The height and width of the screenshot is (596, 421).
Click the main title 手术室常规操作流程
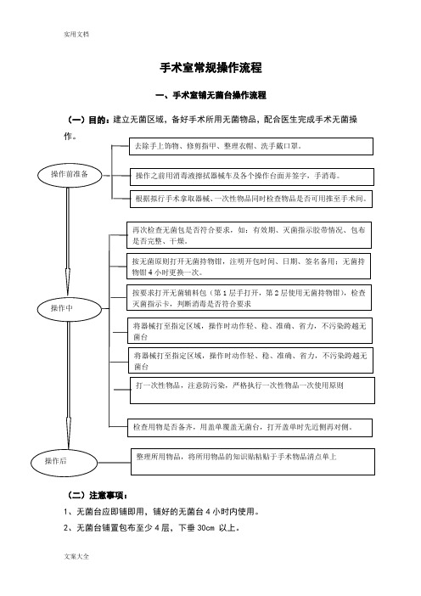210,68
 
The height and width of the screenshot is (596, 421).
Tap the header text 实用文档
76,34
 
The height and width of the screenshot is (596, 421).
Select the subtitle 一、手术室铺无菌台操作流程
210,95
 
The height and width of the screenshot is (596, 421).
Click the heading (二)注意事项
98,496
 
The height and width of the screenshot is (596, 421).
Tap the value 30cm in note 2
206,528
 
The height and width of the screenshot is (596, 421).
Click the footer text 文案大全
76,556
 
